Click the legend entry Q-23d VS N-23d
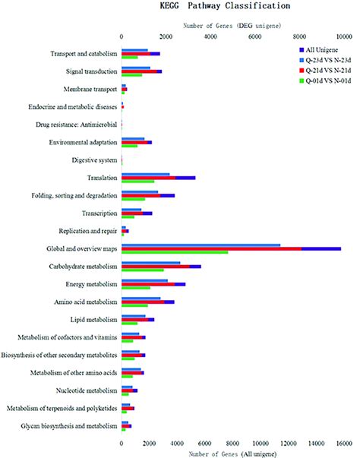coord(321,59)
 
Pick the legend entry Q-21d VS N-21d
coord(321,69)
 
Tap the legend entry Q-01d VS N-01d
coord(321,79)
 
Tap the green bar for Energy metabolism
coord(136,288)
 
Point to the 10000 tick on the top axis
coord(343,35)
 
